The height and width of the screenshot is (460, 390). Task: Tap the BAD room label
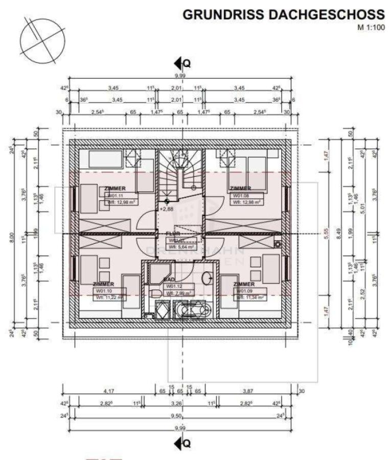[170, 281]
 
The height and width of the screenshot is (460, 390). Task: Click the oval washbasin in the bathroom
[208, 278]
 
